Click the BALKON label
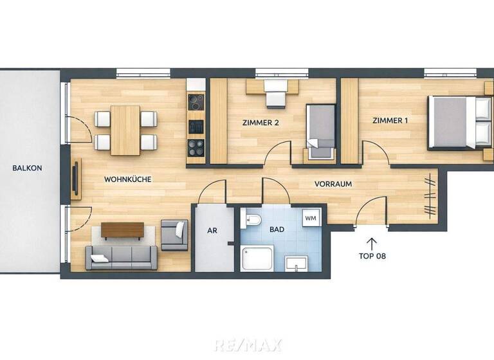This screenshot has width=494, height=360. [x=27, y=168]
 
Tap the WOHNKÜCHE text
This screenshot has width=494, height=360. [x=127, y=179]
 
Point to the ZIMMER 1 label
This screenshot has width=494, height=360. [x=390, y=120]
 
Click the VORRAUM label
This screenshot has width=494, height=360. [x=333, y=184]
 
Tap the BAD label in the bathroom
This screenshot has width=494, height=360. [x=277, y=229]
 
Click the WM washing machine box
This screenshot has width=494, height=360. [x=311, y=219]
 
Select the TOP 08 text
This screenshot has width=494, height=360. [x=372, y=255]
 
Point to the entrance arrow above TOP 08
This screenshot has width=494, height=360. [x=371, y=242]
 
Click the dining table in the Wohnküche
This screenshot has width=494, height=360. [x=125, y=130]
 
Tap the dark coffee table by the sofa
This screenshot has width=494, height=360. [x=122, y=230]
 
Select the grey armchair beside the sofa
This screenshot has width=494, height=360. [x=174, y=235]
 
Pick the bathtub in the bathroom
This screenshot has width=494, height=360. [x=257, y=259]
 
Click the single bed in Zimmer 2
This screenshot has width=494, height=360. [x=320, y=130]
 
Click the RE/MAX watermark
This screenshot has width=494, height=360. [x=247, y=345]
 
